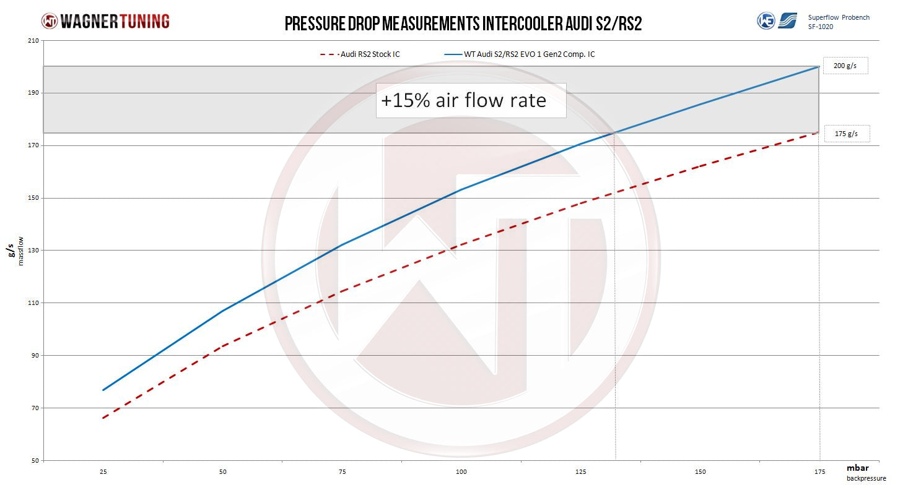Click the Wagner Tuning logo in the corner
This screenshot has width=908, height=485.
point(105,21)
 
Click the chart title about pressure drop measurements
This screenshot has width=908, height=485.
point(463,24)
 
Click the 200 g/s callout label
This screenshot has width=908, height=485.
point(844,66)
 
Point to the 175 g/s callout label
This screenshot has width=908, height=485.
point(846,134)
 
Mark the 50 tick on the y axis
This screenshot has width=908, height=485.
point(34,460)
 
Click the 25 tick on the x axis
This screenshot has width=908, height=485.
point(103,471)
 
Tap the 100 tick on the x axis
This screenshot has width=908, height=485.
point(461,471)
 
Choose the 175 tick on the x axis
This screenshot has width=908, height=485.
point(819,471)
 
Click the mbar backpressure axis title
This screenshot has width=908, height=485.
point(866,473)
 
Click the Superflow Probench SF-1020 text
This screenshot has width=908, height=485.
point(839,22)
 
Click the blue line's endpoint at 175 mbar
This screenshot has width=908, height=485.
point(819,66)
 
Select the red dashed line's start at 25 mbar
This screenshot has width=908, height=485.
point(103,418)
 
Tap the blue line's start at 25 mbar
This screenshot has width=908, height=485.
point(103,390)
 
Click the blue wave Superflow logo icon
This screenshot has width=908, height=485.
point(788,21)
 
